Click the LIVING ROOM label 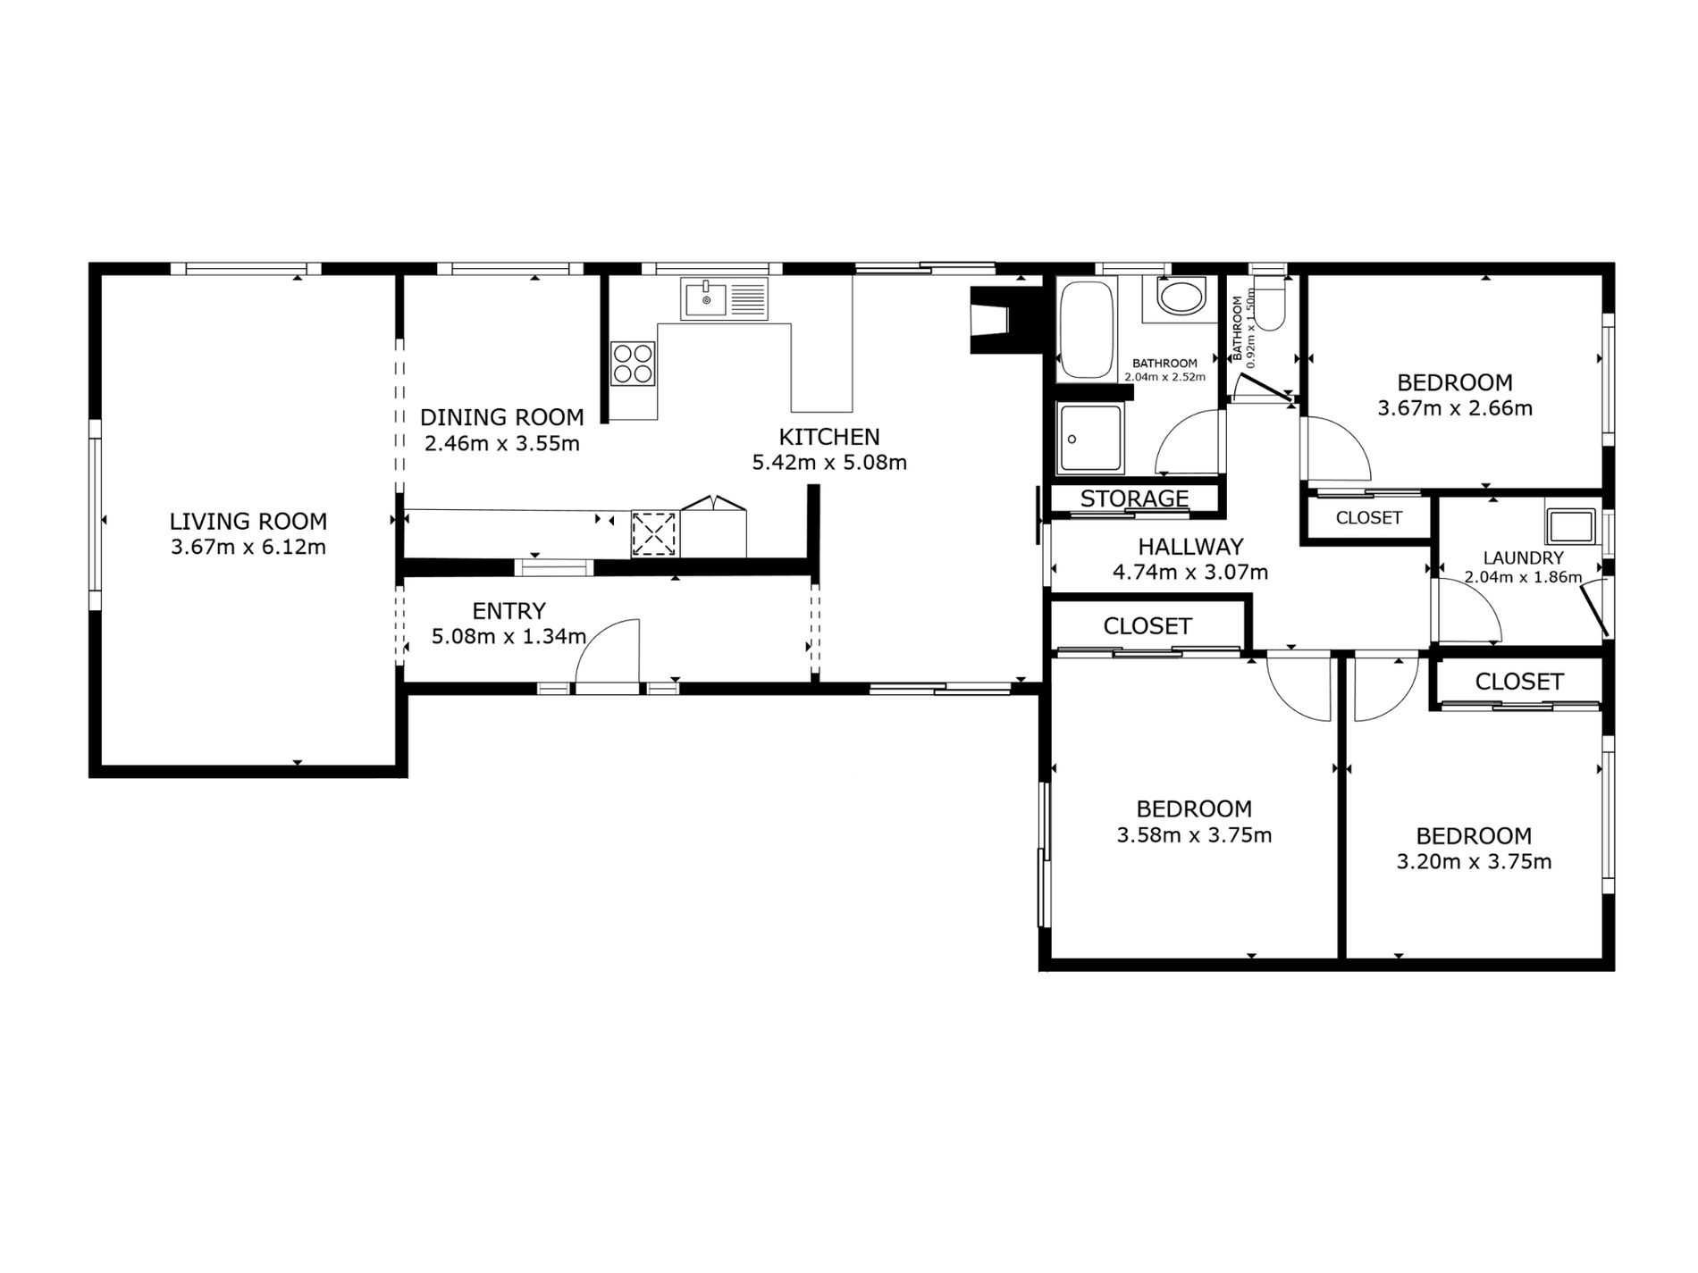tap(248, 521)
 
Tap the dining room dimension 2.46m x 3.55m tap(501, 443)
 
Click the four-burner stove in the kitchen tap(633, 364)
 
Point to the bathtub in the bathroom tap(1085, 328)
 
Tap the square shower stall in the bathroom tap(1089, 438)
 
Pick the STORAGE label tap(1134, 498)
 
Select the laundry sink tap(1571, 525)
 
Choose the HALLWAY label tap(1190, 546)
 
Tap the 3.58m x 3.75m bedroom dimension tap(1194, 835)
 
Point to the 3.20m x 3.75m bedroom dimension tap(1474, 862)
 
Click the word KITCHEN tap(829, 437)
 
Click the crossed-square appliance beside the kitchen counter tap(654, 534)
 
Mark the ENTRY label tap(509, 611)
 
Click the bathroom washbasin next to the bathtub tap(1181, 297)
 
